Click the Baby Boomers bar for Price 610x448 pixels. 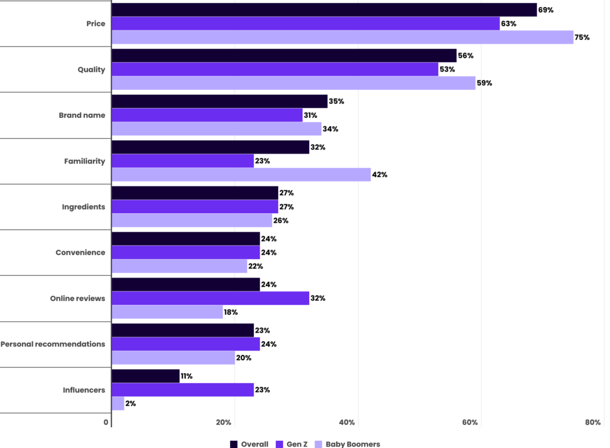click(343, 38)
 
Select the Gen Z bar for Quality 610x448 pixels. click(275, 69)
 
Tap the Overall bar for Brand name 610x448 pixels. click(219, 101)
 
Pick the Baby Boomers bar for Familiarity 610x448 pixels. click(241, 175)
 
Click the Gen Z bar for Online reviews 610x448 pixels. click(210, 298)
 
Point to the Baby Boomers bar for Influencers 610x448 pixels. click(118, 403)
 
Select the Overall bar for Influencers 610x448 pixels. click(145, 376)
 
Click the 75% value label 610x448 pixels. click(582, 38)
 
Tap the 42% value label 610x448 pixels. click(379, 175)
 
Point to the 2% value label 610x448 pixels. click(131, 403)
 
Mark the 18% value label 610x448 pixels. click(231, 312)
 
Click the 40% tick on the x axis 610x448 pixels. click(347, 422)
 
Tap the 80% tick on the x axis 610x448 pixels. click(593, 422)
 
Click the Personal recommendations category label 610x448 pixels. click(52, 344)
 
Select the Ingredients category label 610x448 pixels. click(83, 207)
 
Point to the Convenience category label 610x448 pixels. click(80, 253)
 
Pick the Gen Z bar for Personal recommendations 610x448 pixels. click(186, 344)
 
